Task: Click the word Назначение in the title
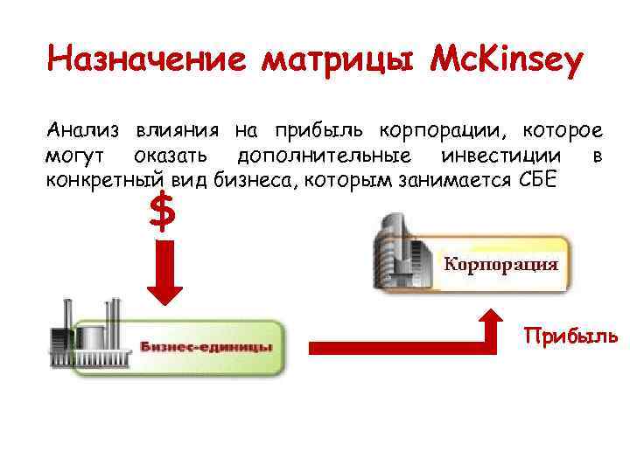(x=149, y=60)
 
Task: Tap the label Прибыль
(x=570, y=337)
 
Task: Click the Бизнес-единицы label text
(x=206, y=347)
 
